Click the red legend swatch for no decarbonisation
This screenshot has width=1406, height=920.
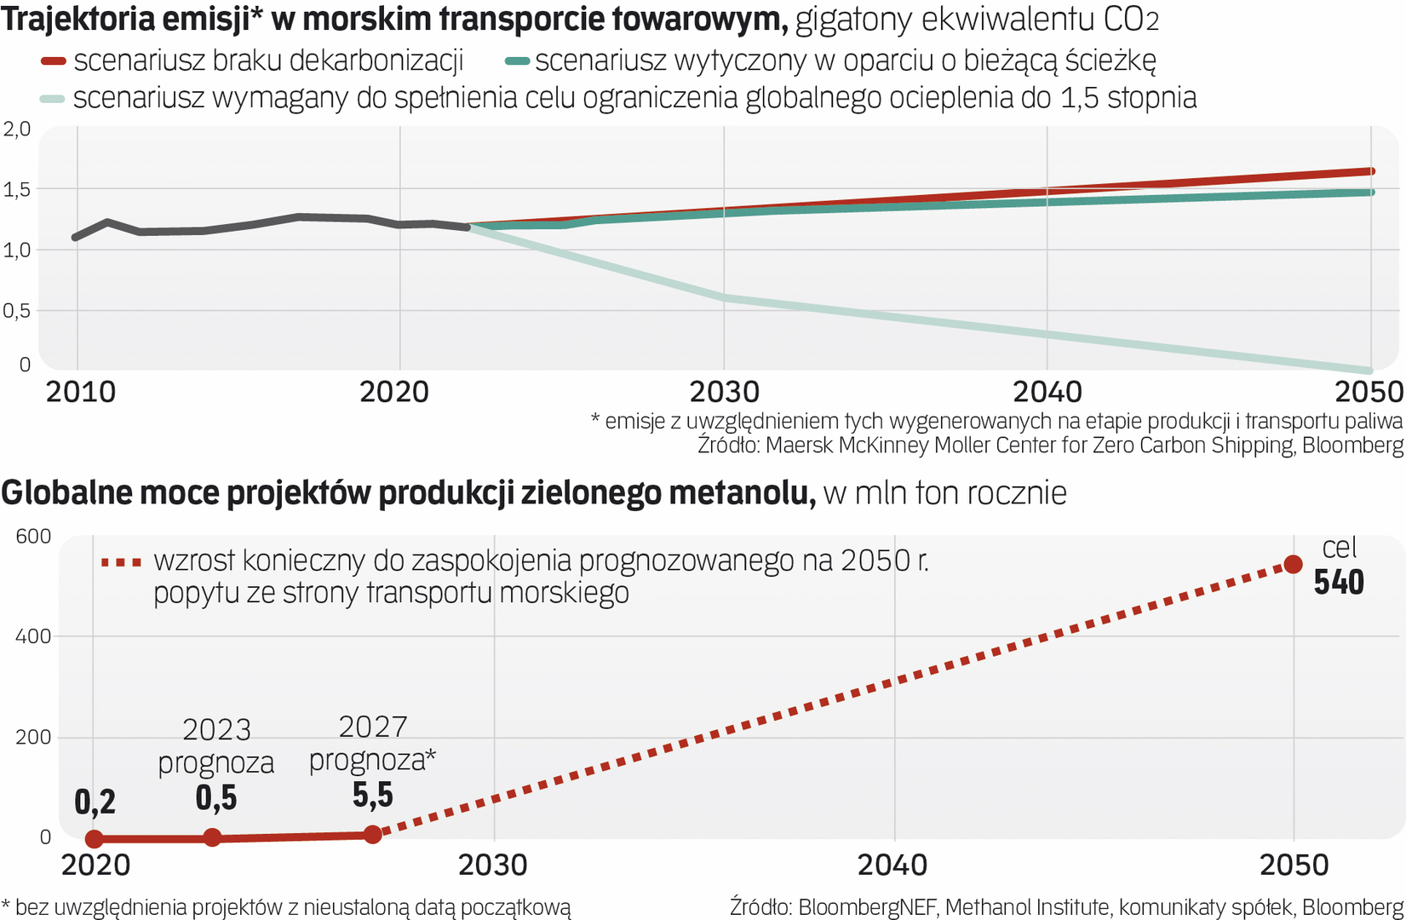pyautogui.click(x=54, y=61)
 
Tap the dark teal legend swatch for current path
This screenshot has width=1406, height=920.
pyautogui.click(x=517, y=61)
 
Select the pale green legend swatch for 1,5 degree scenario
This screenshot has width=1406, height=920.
pyautogui.click(x=53, y=99)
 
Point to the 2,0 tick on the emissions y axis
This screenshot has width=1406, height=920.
pyautogui.click(x=16, y=129)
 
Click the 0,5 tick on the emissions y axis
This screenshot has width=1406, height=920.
pyautogui.click(x=16, y=311)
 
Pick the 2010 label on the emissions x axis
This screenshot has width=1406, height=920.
pyautogui.click(x=80, y=392)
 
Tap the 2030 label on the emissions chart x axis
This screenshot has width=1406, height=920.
pyautogui.click(x=724, y=392)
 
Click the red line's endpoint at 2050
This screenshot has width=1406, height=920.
pyautogui.click(x=1370, y=171)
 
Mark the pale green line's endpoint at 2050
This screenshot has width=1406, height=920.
pyautogui.click(x=1369, y=371)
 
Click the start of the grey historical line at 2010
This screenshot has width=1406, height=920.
pyautogui.click(x=77, y=237)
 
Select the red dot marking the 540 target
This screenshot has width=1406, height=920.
pyautogui.click(x=1293, y=564)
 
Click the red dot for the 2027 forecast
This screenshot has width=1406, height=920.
pyautogui.click(x=372, y=834)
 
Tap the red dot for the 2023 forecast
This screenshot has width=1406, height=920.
pyautogui.click(x=213, y=837)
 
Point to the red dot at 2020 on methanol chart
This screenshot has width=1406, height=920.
pyautogui.click(x=95, y=838)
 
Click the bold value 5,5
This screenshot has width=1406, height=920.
pyautogui.click(x=373, y=795)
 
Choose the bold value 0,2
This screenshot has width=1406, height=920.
pyautogui.click(x=95, y=802)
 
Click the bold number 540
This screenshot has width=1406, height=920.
pyautogui.click(x=1338, y=583)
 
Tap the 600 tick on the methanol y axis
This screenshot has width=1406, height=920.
pyautogui.click(x=33, y=536)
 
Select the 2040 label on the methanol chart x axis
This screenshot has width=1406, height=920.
pyautogui.click(x=892, y=865)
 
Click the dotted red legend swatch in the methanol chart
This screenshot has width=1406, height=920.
pyautogui.click(x=121, y=562)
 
